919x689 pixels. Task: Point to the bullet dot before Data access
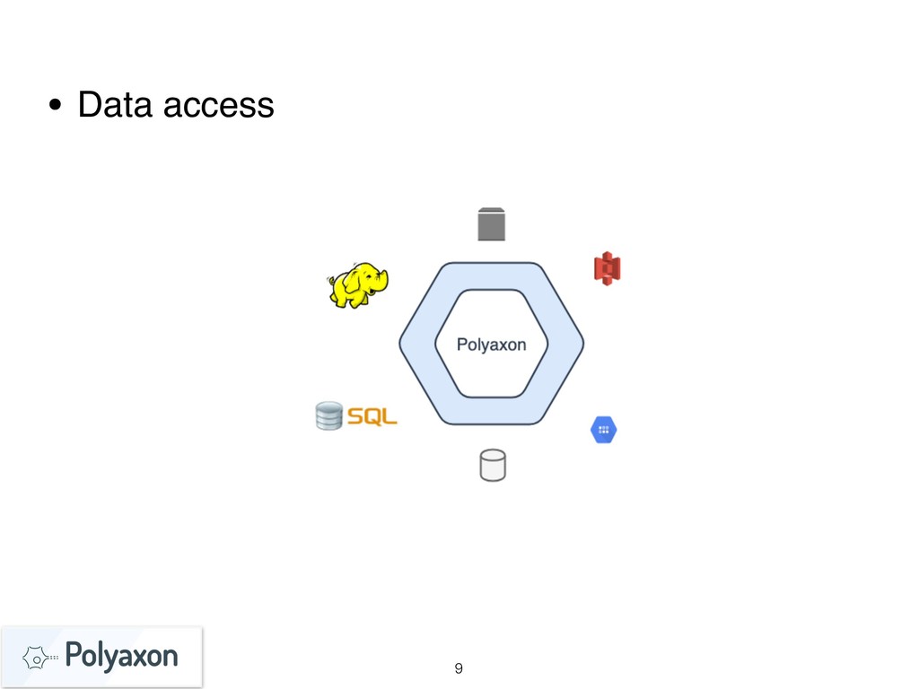point(56,108)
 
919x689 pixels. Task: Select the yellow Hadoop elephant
point(358,285)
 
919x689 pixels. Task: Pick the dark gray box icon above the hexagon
point(491,224)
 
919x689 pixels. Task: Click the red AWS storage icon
point(608,267)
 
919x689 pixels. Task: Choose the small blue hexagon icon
point(604,431)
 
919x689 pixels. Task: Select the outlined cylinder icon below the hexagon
point(492,466)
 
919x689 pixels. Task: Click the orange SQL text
point(372,417)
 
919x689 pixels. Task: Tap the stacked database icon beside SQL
point(329,416)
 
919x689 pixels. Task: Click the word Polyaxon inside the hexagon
point(491,344)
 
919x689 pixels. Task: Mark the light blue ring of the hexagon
point(417,344)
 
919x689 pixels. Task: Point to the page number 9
point(459,667)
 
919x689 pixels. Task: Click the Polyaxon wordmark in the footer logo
point(122,656)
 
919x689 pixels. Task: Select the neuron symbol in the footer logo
point(34,658)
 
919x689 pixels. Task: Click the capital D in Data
point(88,106)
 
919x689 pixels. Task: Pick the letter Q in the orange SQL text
point(372,417)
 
